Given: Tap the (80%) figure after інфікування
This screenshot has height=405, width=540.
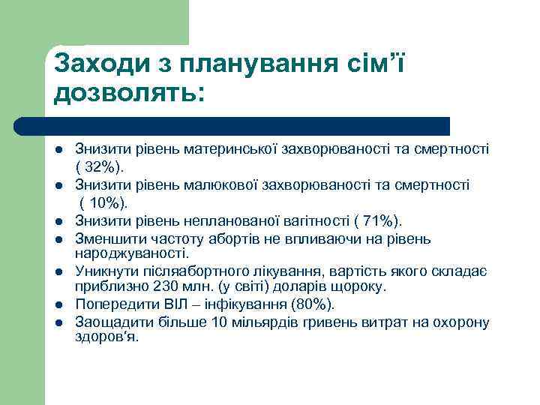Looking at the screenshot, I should [x=314, y=304].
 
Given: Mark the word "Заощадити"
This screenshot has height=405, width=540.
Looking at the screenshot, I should [x=110, y=322].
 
